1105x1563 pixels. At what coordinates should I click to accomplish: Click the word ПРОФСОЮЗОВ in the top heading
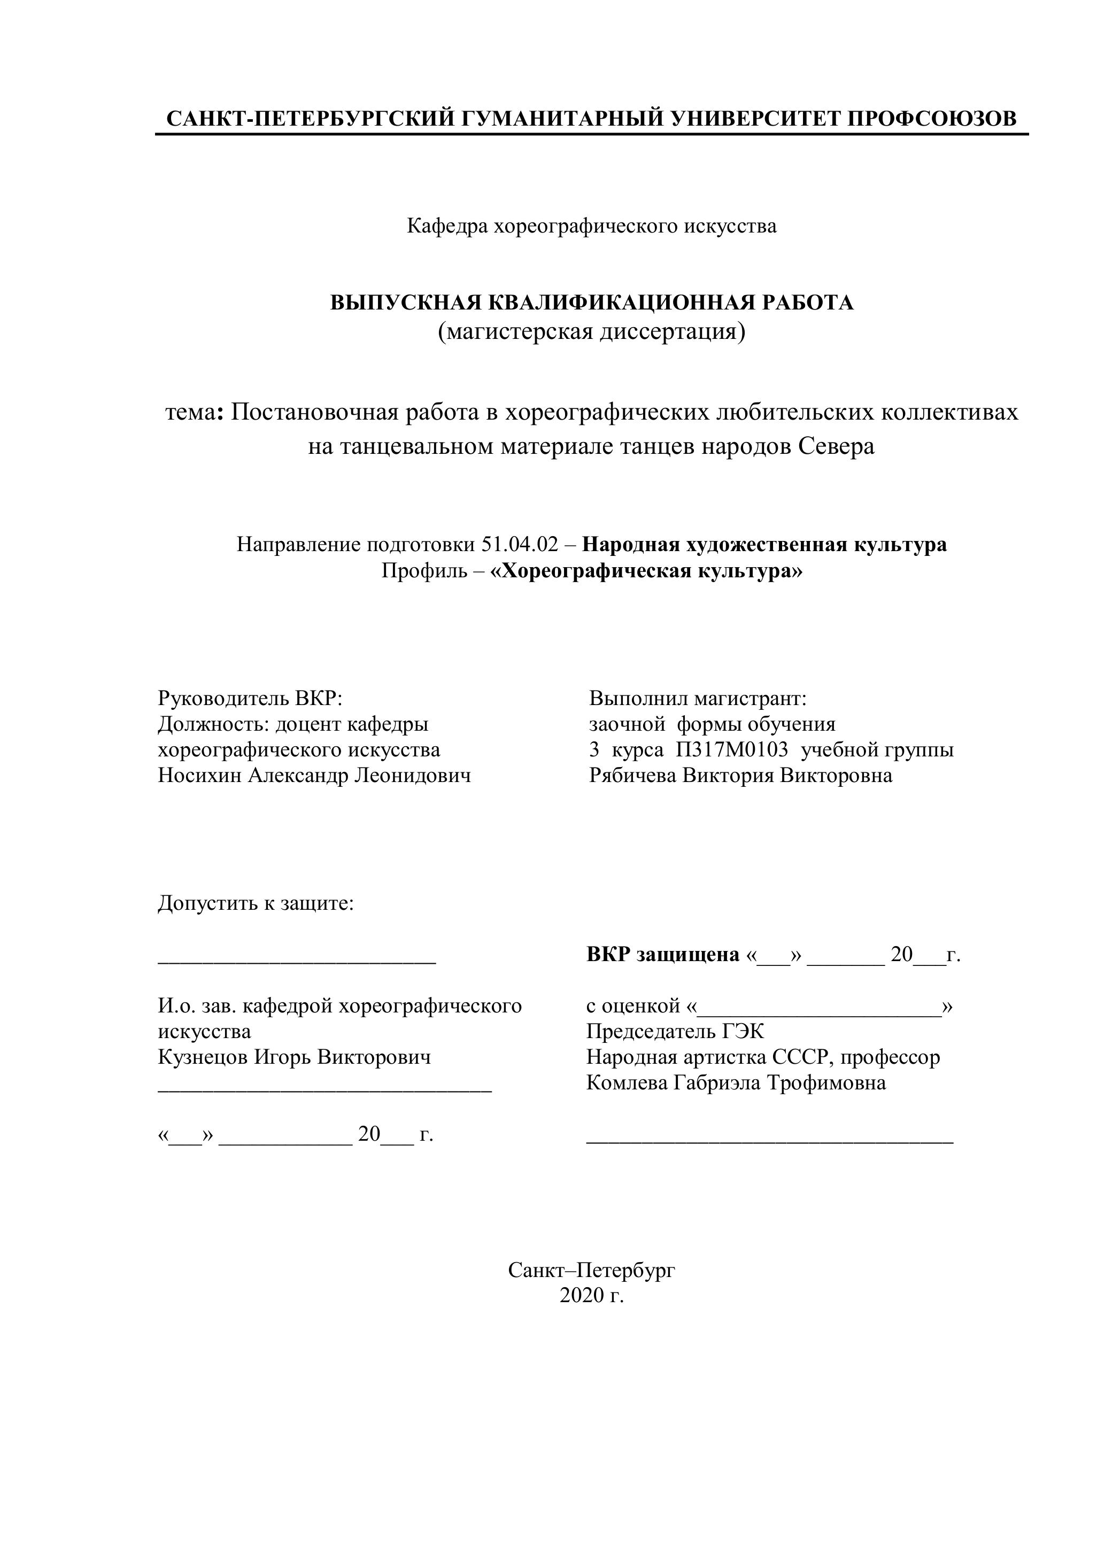[x=931, y=119]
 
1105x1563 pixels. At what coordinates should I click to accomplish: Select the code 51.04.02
[x=520, y=545]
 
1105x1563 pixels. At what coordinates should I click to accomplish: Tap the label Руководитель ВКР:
[x=250, y=699]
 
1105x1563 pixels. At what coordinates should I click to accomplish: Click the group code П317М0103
[x=732, y=750]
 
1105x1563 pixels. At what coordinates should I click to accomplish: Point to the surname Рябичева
[x=632, y=776]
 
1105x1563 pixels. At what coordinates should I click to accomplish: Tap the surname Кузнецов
[x=203, y=1057]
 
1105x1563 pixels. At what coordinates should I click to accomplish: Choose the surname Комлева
[x=627, y=1082]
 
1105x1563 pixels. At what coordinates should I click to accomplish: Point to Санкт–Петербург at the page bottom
[x=591, y=1270]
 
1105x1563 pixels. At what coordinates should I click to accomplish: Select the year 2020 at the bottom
[x=582, y=1296]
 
